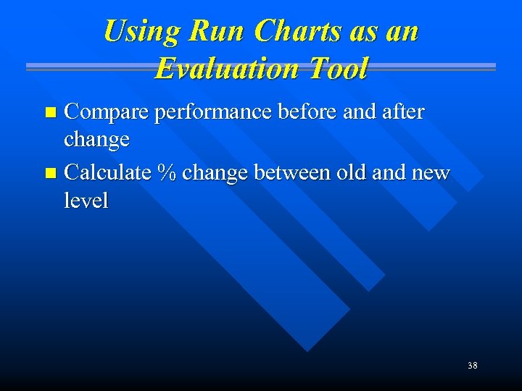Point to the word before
(300, 112)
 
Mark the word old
(348, 174)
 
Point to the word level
(86, 201)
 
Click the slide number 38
(472, 366)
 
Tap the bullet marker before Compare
(50, 113)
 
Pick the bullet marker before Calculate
(50, 175)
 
